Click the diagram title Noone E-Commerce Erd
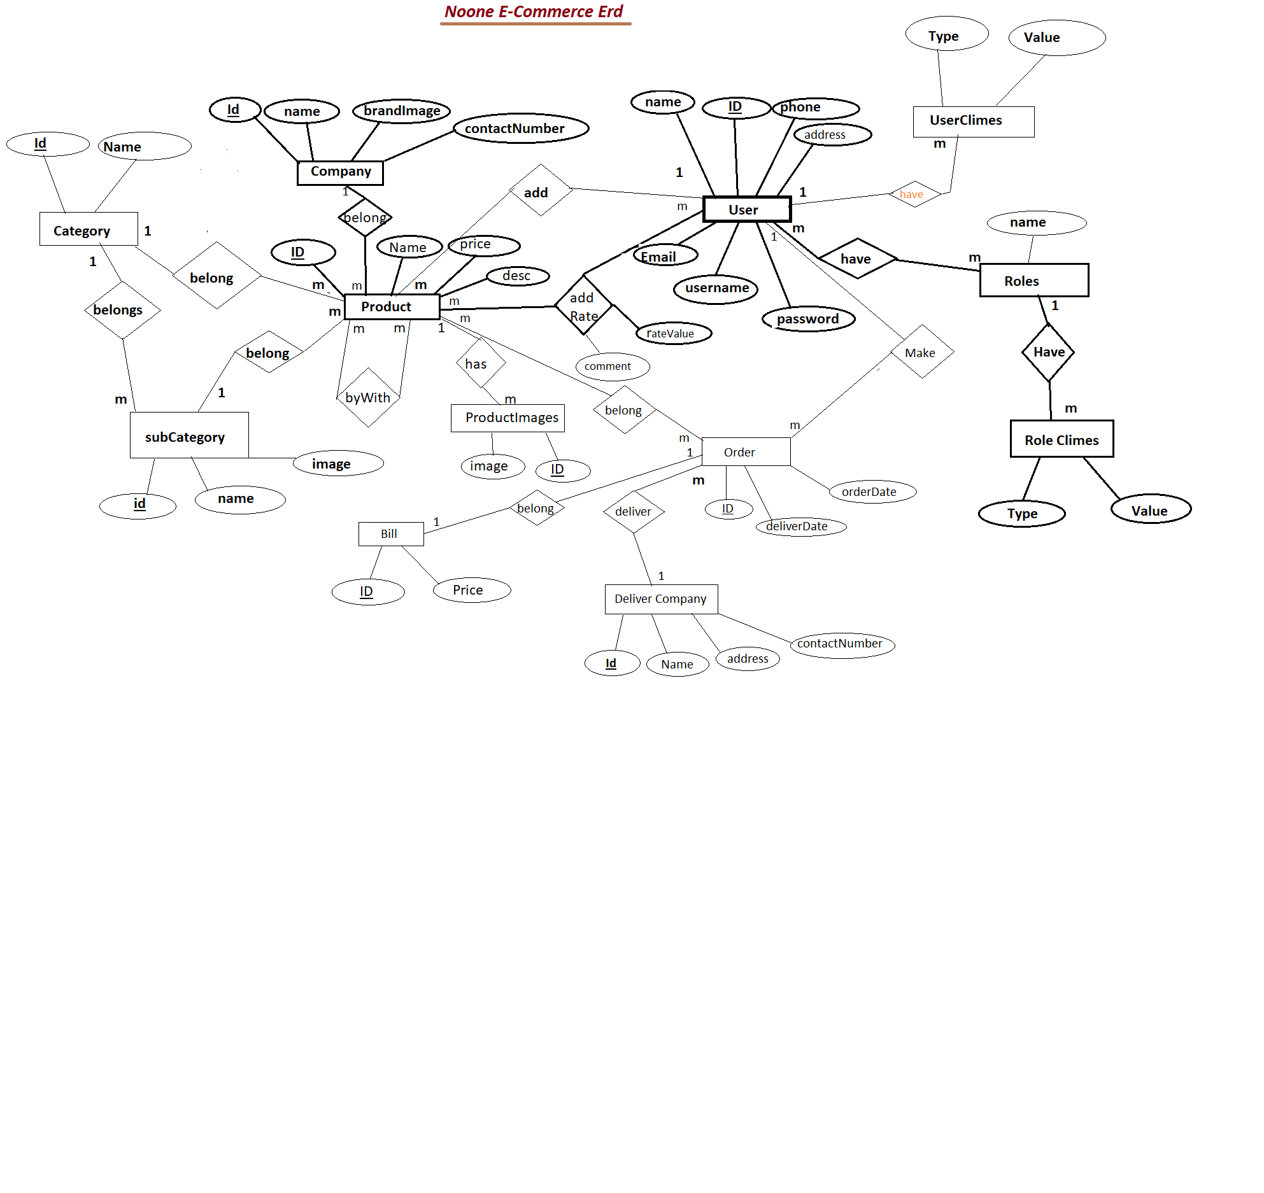[534, 12]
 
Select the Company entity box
[340, 172]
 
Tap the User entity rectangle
[746, 209]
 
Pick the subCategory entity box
[188, 435]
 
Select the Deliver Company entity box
[661, 599]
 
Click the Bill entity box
[390, 534]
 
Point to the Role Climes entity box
[1062, 439]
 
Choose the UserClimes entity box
[973, 121]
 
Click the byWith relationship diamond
[368, 398]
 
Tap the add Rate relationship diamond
[583, 306]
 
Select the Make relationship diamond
[921, 352]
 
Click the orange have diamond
[914, 194]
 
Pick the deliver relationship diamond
[634, 511]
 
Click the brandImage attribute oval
[402, 111]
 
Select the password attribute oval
[808, 319]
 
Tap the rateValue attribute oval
[674, 334]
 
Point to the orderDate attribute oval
[872, 491]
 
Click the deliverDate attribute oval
[800, 526]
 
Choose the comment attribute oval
[611, 366]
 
